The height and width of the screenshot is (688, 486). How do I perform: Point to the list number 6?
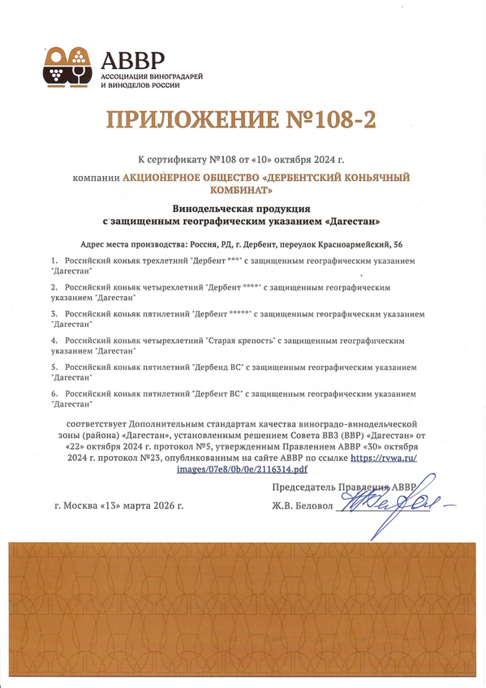54,393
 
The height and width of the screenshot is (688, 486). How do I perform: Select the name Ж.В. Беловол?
303,505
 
